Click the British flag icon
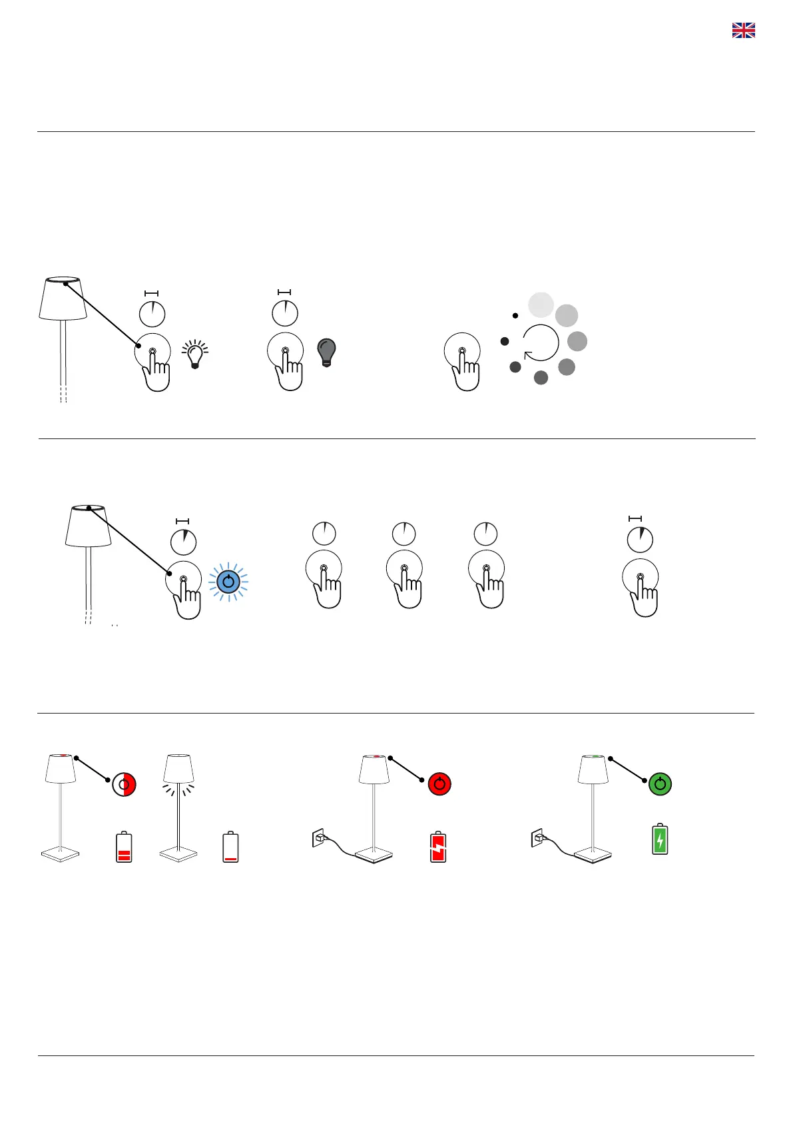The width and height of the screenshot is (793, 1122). (x=743, y=30)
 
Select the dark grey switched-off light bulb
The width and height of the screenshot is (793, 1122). (x=327, y=352)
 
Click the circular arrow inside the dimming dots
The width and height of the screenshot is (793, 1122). (x=541, y=342)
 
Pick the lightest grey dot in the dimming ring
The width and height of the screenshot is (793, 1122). (x=541, y=304)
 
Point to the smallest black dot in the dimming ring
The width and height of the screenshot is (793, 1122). (x=515, y=315)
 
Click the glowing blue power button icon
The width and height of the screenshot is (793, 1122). (x=228, y=582)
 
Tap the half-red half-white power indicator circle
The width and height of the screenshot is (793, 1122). (x=125, y=784)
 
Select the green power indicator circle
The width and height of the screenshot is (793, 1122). (x=660, y=784)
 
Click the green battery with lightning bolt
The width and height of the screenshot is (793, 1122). (x=660, y=839)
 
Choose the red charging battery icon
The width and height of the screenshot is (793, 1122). (x=438, y=846)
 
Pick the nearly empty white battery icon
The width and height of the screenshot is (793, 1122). (x=230, y=847)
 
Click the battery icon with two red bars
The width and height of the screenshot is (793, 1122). (x=124, y=847)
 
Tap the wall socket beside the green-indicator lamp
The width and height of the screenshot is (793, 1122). (x=537, y=838)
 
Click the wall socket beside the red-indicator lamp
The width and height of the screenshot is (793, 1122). (x=318, y=838)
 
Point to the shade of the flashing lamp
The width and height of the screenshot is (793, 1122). (x=178, y=769)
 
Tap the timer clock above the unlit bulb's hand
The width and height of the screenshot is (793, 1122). (x=285, y=313)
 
